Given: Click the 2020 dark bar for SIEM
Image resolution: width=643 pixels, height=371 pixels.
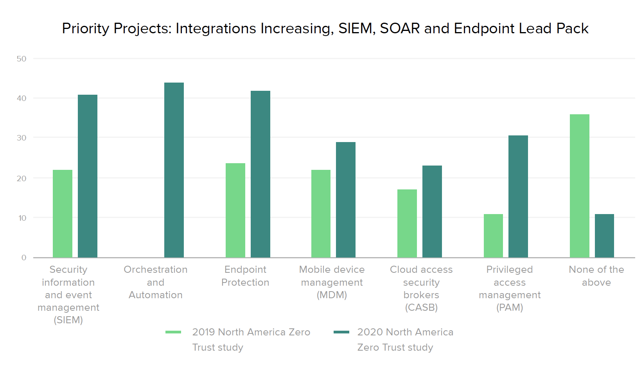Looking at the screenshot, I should pyautogui.click(x=88, y=176).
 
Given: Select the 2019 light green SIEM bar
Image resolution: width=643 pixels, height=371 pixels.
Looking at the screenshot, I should pyautogui.click(x=63, y=214).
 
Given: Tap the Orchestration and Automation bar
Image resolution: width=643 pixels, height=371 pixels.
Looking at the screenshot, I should pyautogui.click(x=174, y=170).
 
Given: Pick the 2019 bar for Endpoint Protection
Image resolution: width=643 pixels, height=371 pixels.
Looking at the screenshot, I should pyautogui.click(x=235, y=210).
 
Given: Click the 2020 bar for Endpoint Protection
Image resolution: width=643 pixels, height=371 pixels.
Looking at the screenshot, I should pyautogui.click(x=260, y=174).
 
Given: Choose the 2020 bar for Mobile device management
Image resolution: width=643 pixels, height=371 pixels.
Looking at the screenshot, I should pyautogui.click(x=346, y=200).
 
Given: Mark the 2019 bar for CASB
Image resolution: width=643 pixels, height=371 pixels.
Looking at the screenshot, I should pyautogui.click(x=407, y=223).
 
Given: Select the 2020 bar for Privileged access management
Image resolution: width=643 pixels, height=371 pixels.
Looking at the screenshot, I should pyautogui.click(x=518, y=196).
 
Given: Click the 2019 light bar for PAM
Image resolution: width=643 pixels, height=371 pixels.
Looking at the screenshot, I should pyautogui.click(x=493, y=236).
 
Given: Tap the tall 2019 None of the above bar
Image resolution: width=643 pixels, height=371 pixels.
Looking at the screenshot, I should pyautogui.click(x=580, y=186).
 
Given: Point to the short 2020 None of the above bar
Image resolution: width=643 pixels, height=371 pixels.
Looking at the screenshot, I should pyautogui.click(x=604, y=236).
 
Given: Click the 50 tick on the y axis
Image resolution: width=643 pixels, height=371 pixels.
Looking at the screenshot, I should pyautogui.click(x=22, y=59).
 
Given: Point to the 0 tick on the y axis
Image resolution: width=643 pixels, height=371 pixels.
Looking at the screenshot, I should pyautogui.click(x=24, y=258).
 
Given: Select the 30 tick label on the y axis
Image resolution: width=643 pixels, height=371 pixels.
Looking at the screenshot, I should pyautogui.click(x=22, y=138).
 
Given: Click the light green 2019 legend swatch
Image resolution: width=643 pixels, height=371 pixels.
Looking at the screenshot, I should pyautogui.click(x=173, y=332).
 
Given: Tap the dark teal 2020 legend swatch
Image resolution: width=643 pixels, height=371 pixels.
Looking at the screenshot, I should pyautogui.click(x=341, y=332).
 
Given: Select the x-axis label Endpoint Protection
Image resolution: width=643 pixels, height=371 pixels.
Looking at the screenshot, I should pyautogui.click(x=245, y=276).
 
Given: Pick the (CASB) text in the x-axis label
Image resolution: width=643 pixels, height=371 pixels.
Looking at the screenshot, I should pyautogui.click(x=421, y=308).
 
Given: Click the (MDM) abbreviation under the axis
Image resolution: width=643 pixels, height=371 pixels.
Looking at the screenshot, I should pyautogui.click(x=332, y=295).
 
